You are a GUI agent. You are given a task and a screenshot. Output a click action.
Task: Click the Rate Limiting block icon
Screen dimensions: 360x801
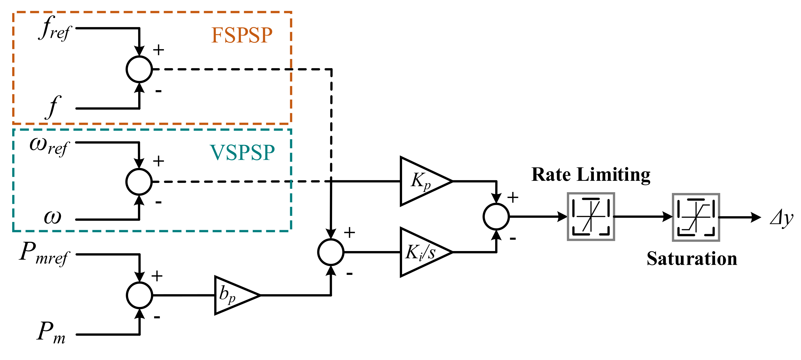pyautogui.click(x=591, y=217)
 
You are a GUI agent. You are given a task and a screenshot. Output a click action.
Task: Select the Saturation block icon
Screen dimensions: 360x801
pyautogui.click(x=696, y=217)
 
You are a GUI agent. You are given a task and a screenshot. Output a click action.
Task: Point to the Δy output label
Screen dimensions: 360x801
pyautogui.click(x=782, y=218)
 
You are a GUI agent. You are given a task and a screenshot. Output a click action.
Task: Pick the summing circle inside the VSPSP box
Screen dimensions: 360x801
pyautogui.click(x=139, y=182)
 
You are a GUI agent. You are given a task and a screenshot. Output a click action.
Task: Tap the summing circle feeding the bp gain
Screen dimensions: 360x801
pyautogui.click(x=140, y=295)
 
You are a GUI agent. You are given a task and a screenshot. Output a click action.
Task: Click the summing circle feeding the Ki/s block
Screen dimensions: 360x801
pyautogui.click(x=331, y=252)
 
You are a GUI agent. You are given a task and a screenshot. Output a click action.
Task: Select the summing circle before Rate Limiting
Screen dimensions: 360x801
pyautogui.click(x=496, y=217)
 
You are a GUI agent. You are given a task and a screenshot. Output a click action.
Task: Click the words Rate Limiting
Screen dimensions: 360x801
pyautogui.click(x=591, y=175)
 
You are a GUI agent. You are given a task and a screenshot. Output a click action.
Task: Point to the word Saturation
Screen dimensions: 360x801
pyautogui.click(x=692, y=259)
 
